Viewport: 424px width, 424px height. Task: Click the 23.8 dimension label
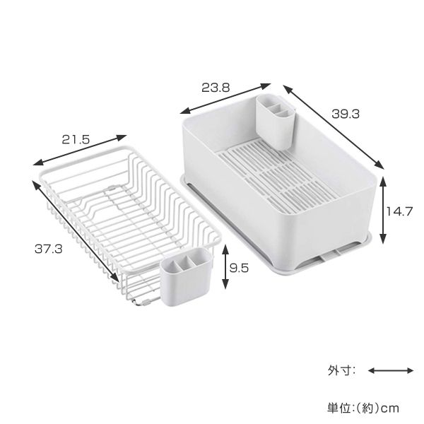click(216, 88)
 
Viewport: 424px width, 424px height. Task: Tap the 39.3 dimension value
click(346, 114)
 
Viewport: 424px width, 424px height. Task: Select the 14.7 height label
click(399, 211)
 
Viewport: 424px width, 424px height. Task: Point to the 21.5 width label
click(76, 139)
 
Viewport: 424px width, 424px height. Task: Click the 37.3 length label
click(48, 249)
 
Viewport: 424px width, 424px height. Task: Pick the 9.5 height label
click(239, 268)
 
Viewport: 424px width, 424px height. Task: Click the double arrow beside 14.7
click(382, 210)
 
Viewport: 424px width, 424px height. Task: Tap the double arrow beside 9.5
click(225, 266)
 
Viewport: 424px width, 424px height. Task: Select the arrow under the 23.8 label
click(225, 98)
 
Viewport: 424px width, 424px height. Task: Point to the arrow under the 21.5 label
click(79, 150)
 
